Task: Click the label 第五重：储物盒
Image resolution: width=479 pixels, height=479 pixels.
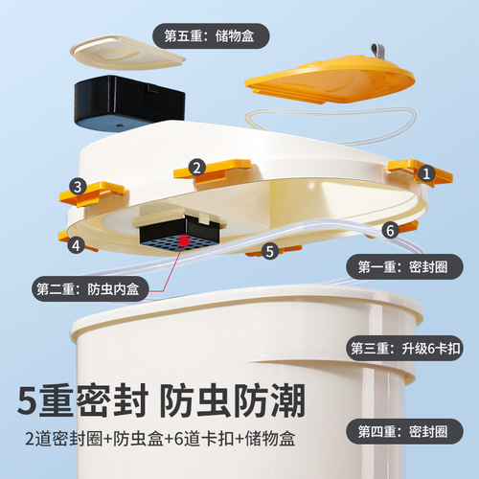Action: coord(211,35)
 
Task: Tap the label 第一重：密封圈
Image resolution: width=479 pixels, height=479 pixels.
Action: coord(404,266)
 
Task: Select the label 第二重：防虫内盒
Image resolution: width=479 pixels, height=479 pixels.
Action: coord(90,289)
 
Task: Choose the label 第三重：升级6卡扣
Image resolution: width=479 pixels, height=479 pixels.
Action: coord(404,348)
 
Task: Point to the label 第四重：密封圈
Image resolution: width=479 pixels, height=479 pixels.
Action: coord(404,431)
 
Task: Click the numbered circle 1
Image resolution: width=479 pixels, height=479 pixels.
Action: coord(426,173)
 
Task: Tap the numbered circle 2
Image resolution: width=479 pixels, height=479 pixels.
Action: coord(196,168)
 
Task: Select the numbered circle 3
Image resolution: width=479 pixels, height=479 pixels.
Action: coord(78,187)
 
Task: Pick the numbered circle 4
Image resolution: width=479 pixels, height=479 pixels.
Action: coord(76,245)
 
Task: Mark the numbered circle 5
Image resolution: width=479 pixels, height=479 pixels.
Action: coord(270,251)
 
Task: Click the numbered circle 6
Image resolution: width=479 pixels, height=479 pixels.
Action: coord(390,230)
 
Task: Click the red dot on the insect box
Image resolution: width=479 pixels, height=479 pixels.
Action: coord(184,240)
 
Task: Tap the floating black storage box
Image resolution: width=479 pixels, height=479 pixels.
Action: coord(129,103)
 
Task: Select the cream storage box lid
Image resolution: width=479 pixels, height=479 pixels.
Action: coord(127,53)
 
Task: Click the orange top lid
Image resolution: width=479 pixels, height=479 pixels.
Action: coord(330,80)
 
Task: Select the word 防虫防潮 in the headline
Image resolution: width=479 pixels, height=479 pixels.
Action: coord(232,401)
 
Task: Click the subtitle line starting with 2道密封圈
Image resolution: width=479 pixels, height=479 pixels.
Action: coord(160,438)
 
